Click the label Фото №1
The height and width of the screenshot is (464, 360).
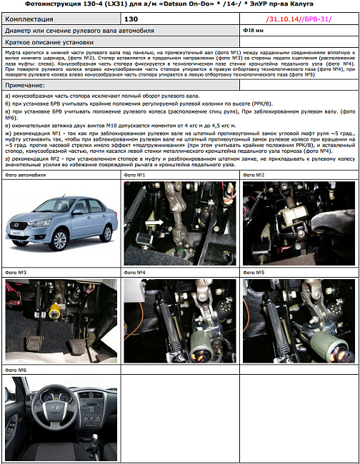coord(136,175)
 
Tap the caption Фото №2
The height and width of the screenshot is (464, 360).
coord(255,175)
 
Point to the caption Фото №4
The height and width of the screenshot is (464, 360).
coord(136,273)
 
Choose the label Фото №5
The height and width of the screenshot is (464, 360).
coord(255,273)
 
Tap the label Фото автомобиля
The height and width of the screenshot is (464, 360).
coord(24,175)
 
